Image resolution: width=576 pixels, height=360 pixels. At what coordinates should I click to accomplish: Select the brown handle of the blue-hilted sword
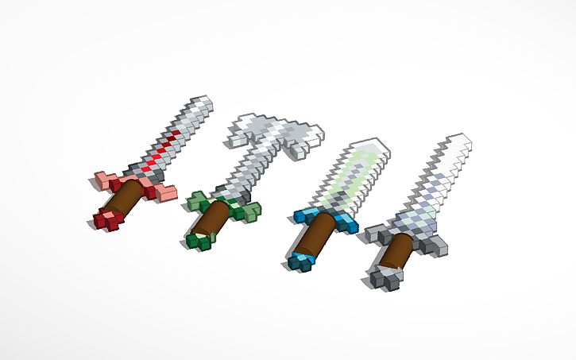(x=315, y=236)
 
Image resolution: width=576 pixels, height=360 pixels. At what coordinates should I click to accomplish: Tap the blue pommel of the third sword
(x=300, y=261)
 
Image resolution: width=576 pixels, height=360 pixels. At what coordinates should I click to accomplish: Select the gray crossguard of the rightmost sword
(x=433, y=243)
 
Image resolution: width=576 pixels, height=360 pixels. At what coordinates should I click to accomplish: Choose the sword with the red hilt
(x=151, y=167)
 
